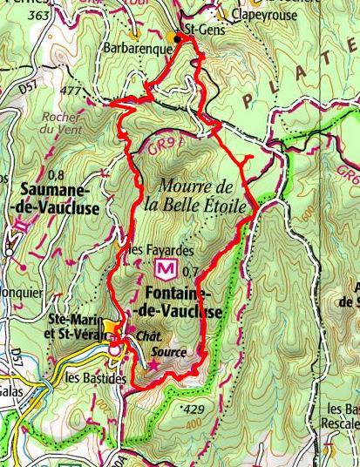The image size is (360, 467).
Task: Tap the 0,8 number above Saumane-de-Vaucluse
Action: click(58, 174)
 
